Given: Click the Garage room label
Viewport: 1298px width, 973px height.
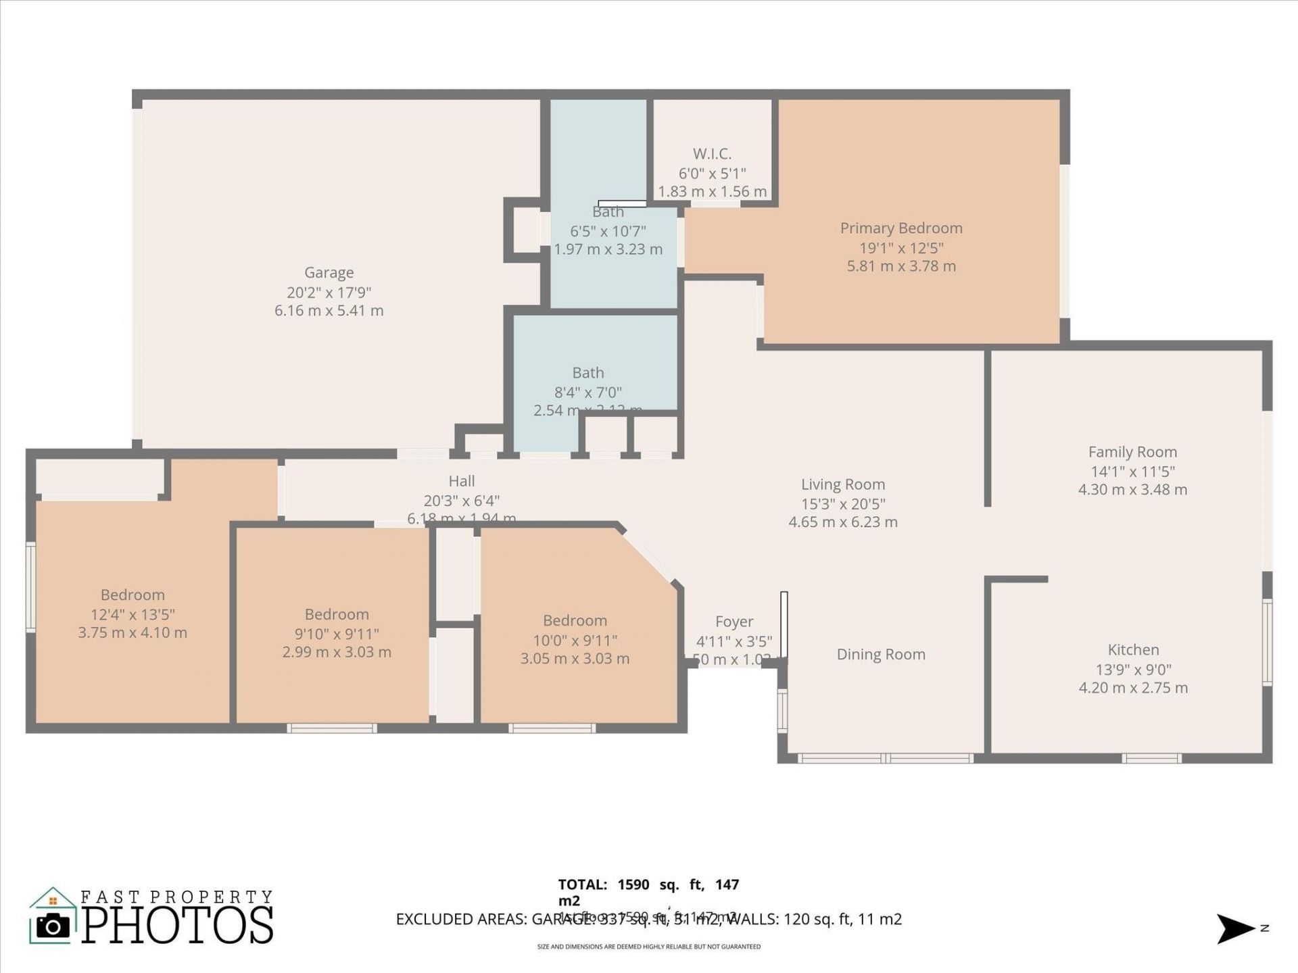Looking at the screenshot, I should [x=329, y=272].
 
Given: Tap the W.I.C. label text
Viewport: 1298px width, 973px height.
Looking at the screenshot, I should [x=712, y=154].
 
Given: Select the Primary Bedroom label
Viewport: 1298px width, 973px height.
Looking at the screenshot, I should [x=901, y=228].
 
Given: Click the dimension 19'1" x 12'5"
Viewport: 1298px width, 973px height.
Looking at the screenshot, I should [x=901, y=247].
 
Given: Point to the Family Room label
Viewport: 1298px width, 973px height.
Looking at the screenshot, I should [x=1132, y=452].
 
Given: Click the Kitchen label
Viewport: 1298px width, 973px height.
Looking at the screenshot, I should [x=1133, y=650].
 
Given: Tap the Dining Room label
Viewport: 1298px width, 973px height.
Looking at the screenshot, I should [x=881, y=654].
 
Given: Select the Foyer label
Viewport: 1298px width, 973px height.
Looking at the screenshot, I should [x=734, y=622].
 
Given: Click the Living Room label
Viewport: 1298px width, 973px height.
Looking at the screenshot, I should [x=843, y=484].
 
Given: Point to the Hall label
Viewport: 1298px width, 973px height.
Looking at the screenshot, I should [x=462, y=481].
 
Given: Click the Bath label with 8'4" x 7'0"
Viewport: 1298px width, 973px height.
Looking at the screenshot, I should [x=588, y=373].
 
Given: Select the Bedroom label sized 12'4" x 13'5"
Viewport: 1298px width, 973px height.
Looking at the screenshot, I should [x=133, y=595].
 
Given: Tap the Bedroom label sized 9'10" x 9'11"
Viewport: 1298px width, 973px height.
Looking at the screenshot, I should [x=337, y=614].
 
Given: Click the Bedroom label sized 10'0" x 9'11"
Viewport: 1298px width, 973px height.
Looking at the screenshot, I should [x=575, y=621].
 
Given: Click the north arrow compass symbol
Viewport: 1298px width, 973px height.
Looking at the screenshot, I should [x=1235, y=928].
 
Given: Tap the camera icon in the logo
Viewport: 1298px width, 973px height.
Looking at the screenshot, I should [x=53, y=926].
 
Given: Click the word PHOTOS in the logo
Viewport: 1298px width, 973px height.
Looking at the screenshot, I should [x=178, y=926].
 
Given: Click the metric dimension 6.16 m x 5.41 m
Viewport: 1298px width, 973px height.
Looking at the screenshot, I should [x=329, y=311].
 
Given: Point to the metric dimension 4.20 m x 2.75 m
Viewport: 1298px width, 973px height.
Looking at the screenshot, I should [x=1133, y=688].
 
